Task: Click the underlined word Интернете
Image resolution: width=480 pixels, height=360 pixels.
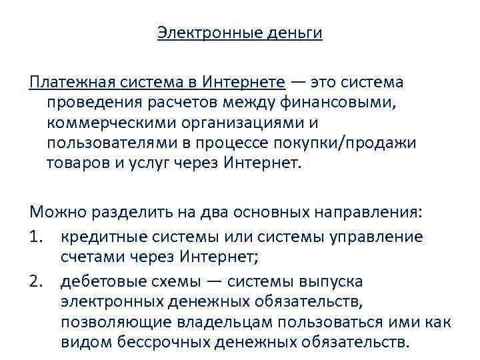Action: pyautogui.click(x=247, y=82)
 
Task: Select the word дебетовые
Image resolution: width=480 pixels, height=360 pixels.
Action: pyautogui.click(x=103, y=282)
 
